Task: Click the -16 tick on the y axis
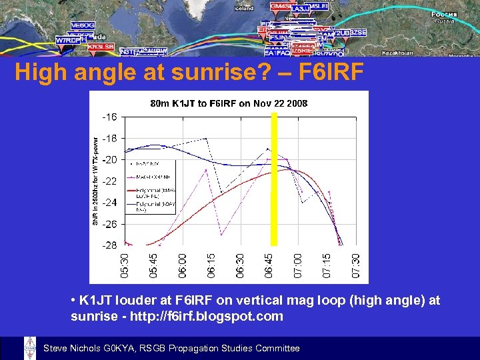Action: [x=109, y=117]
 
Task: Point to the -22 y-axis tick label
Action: [x=109, y=181]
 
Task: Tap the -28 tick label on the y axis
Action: [x=109, y=245]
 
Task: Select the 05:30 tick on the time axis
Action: [x=125, y=265]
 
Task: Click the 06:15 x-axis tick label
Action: [x=211, y=265]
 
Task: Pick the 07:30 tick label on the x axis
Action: [x=356, y=265]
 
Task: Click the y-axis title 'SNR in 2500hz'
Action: [x=95, y=181]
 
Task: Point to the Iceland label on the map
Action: [x=245, y=9]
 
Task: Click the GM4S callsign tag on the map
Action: [x=280, y=6]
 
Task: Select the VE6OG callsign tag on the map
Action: [x=82, y=25]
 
